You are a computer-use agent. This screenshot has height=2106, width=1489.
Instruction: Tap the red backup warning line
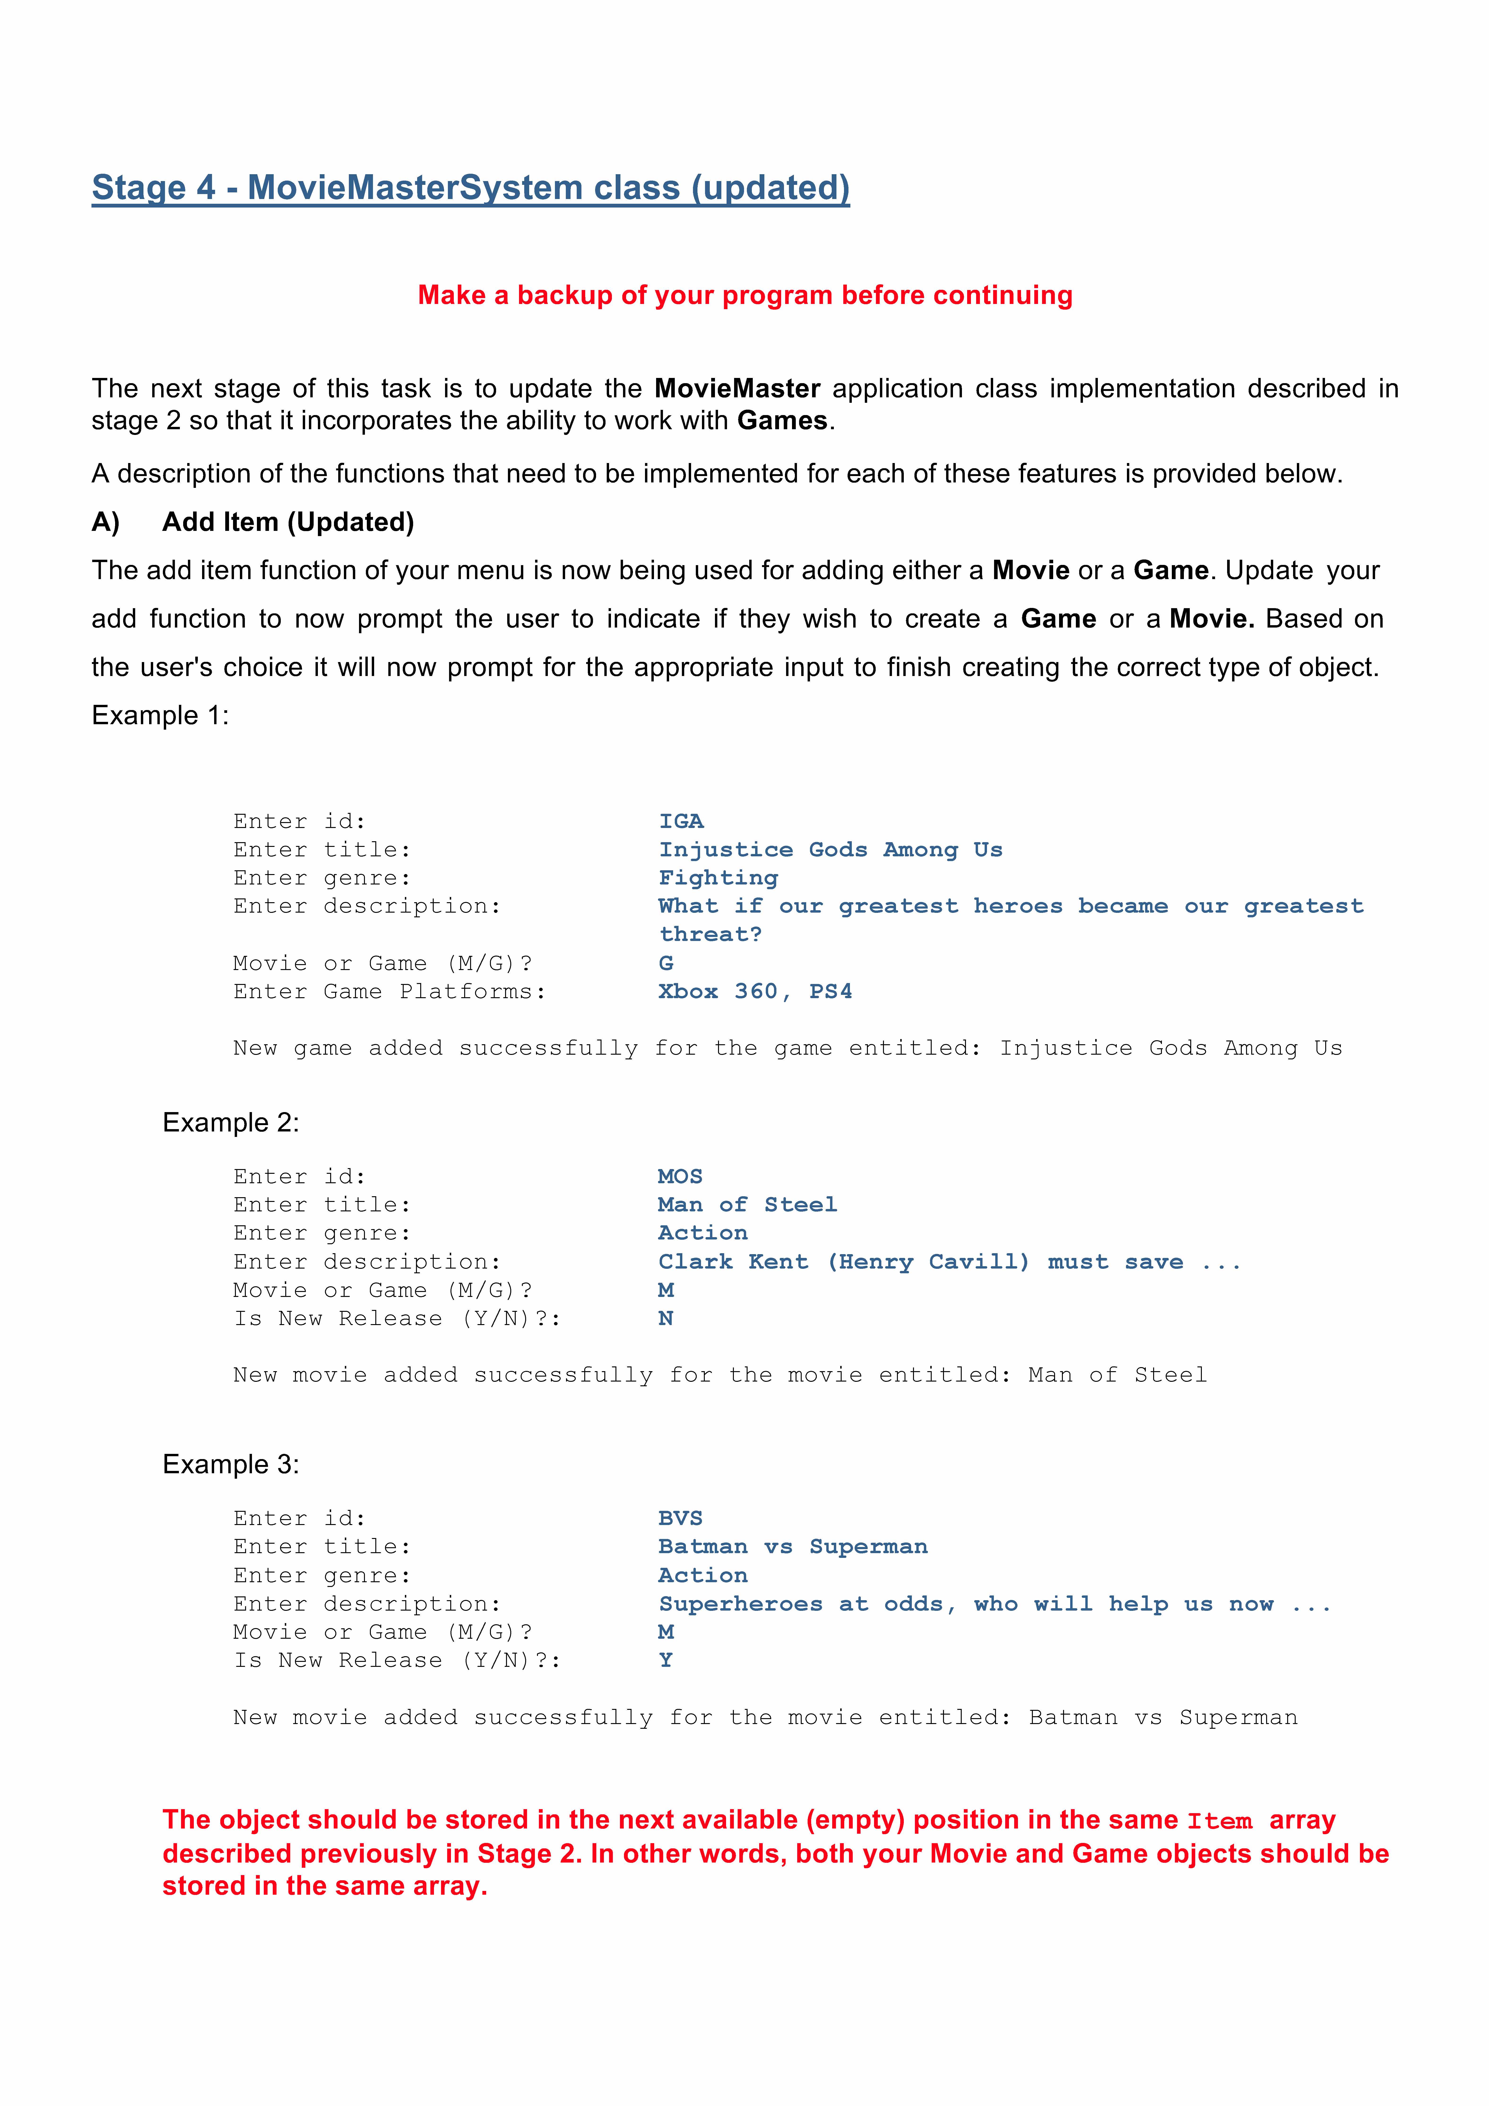tap(745, 295)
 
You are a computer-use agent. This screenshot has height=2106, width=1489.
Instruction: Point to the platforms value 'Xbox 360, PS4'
tap(755, 992)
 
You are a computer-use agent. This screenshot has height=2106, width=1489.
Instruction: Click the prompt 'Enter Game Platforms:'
tap(389, 992)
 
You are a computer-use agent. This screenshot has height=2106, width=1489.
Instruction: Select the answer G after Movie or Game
tap(666, 963)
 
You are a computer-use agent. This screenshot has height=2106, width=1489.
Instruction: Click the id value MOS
tap(680, 1177)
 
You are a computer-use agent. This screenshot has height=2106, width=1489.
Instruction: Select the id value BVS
tap(680, 1519)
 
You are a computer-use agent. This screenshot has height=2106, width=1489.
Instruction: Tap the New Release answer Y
tap(666, 1660)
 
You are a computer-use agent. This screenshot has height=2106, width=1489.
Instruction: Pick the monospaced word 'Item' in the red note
tap(1219, 1822)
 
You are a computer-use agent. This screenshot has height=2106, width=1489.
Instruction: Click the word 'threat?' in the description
tap(710, 935)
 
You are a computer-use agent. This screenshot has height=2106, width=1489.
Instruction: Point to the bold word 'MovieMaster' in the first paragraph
tap(737, 389)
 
